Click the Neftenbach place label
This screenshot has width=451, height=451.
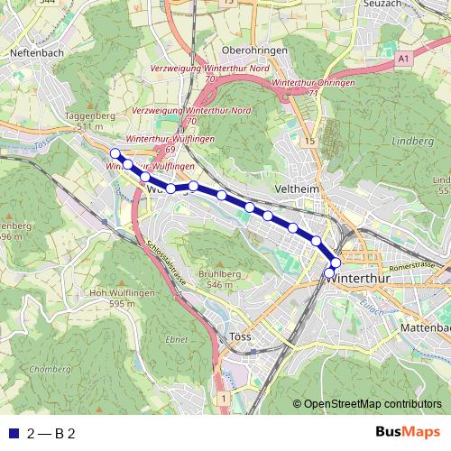click(x=35, y=53)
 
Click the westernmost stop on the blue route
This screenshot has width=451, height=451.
click(x=115, y=153)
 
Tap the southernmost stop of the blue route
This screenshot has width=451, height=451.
click(x=329, y=272)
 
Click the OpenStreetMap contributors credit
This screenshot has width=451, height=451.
click(x=372, y=405)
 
